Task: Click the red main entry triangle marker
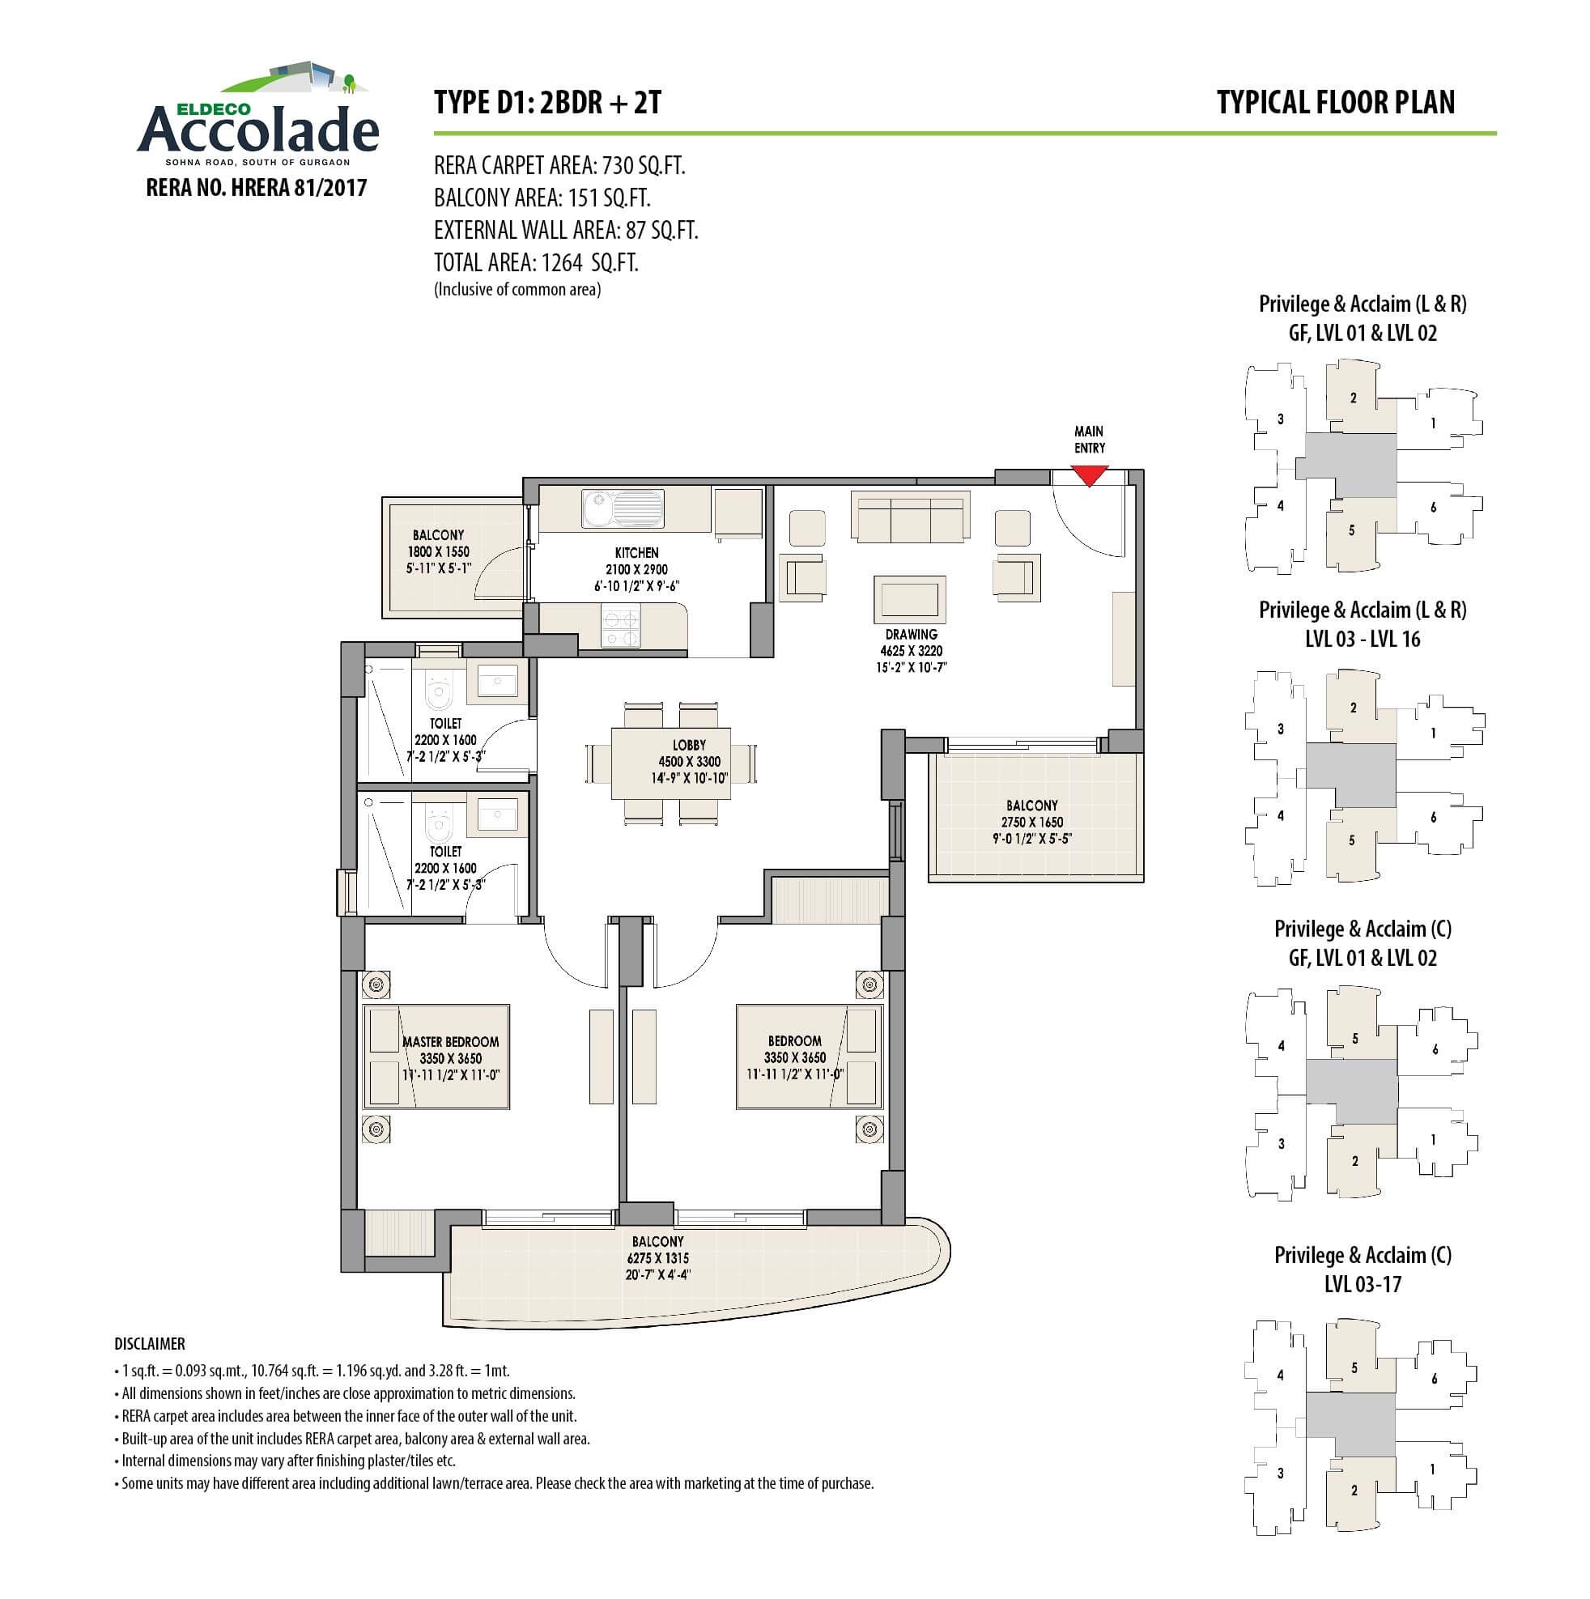click(1089, 475)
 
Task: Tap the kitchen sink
click(623, 508)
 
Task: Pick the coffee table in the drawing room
click(910, 598)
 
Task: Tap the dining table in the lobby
click(670, 762)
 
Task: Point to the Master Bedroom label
click(450, 1057)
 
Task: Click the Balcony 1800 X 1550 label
click(438, 551)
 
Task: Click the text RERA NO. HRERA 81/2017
click(256, 188)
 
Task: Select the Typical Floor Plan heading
click(1335, 103)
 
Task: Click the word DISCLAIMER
click(150, 1344)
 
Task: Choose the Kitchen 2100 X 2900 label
click(636, 569)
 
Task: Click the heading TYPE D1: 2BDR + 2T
click(547, 103)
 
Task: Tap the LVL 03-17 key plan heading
click(1363, 1284)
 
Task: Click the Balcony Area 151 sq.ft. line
click(542, 198)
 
